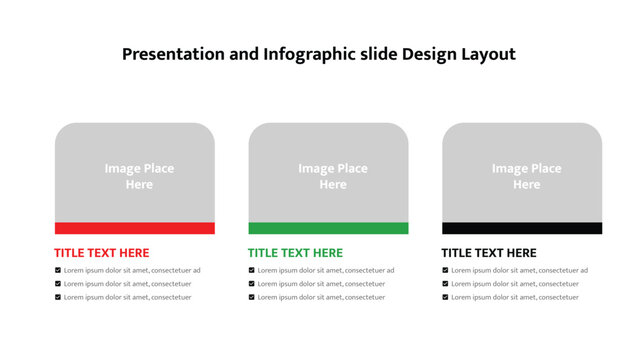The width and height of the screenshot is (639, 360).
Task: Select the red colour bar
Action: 134,228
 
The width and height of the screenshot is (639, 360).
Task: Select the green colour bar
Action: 328,228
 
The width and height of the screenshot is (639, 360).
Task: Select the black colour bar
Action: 522,228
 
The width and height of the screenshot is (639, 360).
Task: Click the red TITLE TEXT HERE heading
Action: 101,253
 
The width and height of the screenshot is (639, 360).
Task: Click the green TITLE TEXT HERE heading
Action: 295,253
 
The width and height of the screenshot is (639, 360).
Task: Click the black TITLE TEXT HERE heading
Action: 489,253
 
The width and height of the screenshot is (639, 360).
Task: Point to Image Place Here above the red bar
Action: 139,176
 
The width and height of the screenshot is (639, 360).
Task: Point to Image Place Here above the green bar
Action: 333,176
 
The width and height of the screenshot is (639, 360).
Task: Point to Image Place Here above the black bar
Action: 527,176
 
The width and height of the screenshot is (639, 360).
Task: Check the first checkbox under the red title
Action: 58,270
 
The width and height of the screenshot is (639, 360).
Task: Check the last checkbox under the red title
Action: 58,297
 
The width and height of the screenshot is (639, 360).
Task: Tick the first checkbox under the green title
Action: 252,270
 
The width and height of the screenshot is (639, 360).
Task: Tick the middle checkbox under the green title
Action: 252,284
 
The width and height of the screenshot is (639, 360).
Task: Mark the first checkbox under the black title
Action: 445,270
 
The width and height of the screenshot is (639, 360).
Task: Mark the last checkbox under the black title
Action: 445,297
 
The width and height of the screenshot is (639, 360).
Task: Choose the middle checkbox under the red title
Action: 58,284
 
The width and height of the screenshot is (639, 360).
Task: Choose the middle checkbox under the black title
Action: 445,284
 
